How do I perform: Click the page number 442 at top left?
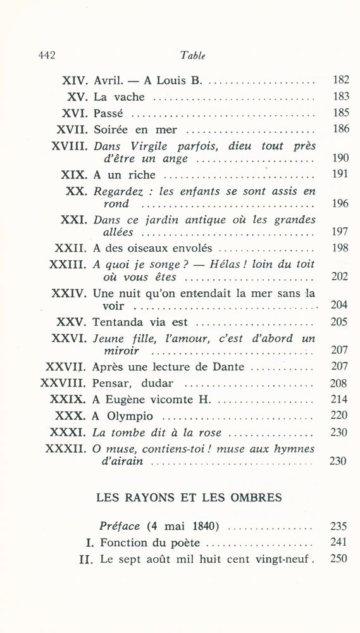point(44,56)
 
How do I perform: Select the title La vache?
point(119,97)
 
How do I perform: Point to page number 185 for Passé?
point(340,114)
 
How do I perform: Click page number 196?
point(340,204)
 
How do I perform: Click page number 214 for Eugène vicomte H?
point(340,399)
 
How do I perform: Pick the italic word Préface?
point(121,526)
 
